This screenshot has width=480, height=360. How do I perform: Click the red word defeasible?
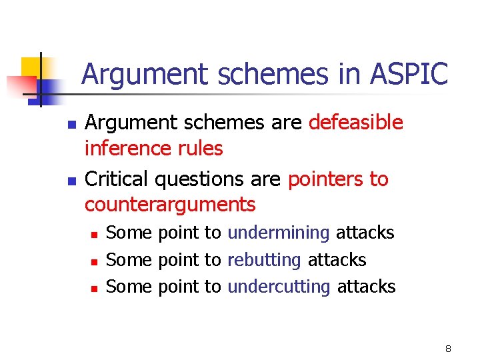tap(356, 123)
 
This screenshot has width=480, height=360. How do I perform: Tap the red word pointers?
tap(325, 179)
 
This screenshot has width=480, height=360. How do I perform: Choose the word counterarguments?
tap(170, 204)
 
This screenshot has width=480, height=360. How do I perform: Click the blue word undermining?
tap(279, 233)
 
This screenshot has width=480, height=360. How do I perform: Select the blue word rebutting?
tap(264, 259)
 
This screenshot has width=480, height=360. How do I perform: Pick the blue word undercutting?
tap(279, 287)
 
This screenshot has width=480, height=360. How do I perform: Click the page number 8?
tap(448, 348)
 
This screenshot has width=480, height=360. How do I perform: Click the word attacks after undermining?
tap(365, 233)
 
